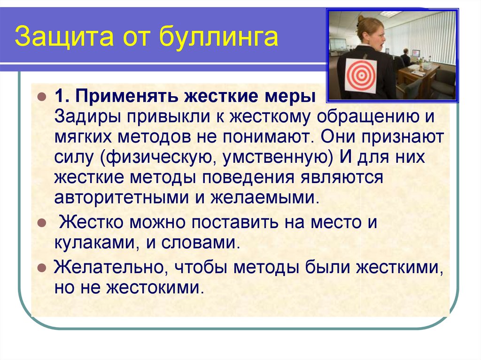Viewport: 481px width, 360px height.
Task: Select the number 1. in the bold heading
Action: point(62,96)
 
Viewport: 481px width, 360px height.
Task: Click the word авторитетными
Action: point(122,198)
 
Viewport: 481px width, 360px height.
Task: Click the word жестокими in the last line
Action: point(155,288)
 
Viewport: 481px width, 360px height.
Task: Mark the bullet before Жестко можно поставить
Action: point(42,223)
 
